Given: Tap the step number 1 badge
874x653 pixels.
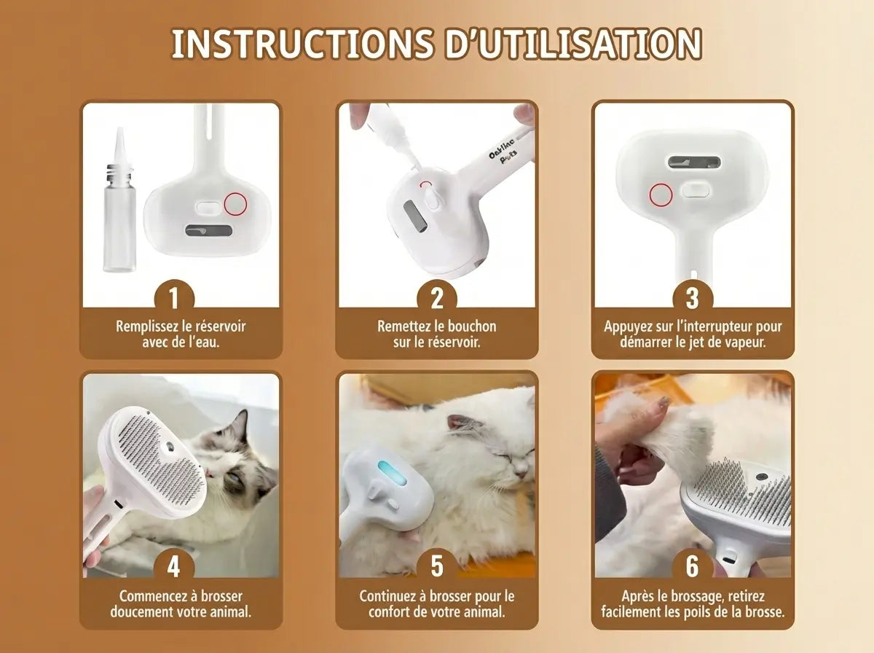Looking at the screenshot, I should pyautogui.click(x=173, y=297).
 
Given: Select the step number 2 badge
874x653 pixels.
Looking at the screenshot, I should pyautogui.click(x=436, y=297).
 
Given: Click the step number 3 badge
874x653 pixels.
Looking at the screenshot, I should pyautogui.click(x=692, y=297).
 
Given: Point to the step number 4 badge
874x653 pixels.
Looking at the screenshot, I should pyautogui.click(x=173, y=566).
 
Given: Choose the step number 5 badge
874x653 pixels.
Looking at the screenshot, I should pyautogui.click(x=436, y=566).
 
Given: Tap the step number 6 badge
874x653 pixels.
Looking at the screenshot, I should pyautogui.click(x=692, y=566).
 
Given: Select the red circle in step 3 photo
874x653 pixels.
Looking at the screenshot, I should pyautogui.click(x=661, y=195).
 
